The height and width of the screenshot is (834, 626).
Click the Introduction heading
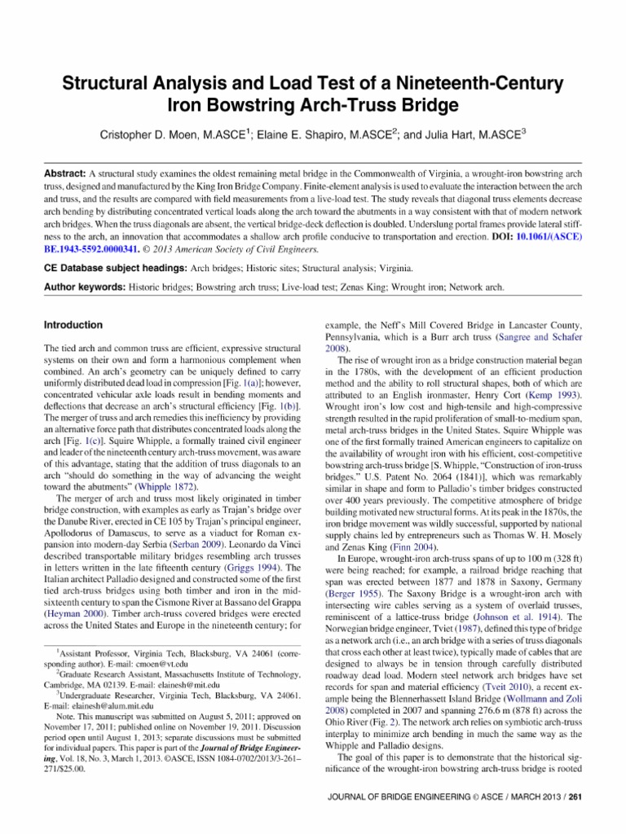point(73,325)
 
